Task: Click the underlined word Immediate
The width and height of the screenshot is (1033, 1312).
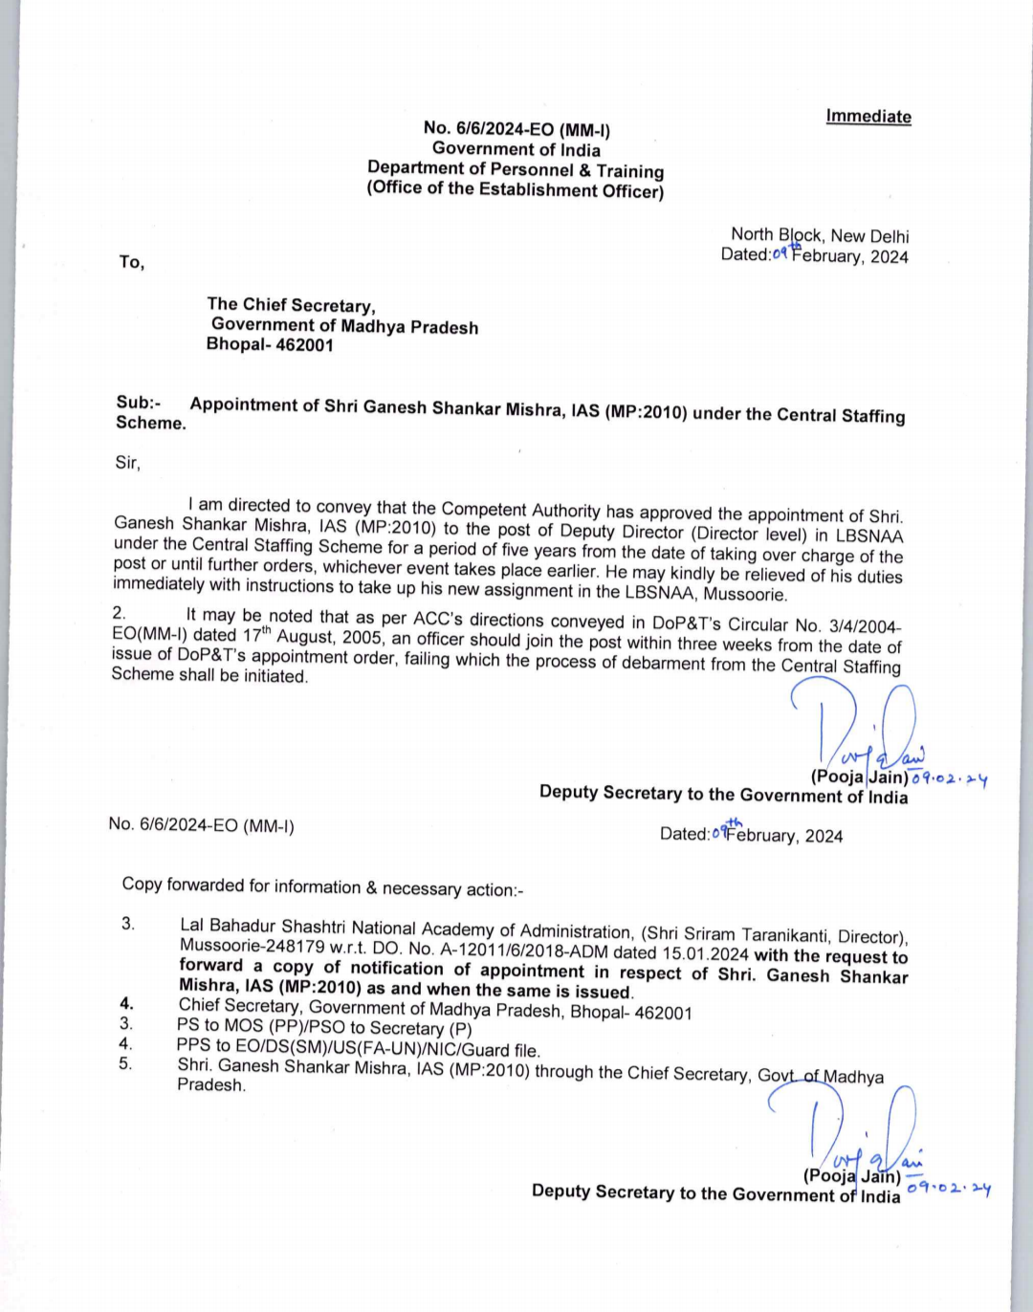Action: pyautogui.click(x=868, y=117)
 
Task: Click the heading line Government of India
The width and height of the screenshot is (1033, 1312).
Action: pyautogui.click(x=516, y=149)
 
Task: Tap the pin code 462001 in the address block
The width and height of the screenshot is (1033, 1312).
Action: pyautogui.click(x=304, y=345)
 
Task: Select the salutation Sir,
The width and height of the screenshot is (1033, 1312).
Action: pyautogui.click(x=127, y=463)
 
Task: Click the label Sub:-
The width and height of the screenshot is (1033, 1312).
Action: pyautogui.click(x=138, y=403)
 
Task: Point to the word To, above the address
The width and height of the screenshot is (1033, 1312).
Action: pyautogui.click(x=132, y=262)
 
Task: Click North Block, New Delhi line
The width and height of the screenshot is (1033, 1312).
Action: pyautogui.click(x=820, y=235)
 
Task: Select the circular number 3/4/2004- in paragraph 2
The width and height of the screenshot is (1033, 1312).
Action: pyautogui.click(x=862, y=626)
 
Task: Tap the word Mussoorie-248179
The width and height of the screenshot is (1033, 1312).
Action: pyautogui.click(x=240, y=946)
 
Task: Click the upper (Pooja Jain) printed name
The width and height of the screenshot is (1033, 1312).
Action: pyautogui.click(x=859, y=777)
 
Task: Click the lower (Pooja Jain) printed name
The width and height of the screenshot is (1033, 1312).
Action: pyautogui.click(x=851, y=1176)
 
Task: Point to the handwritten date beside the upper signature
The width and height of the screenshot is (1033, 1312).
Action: pyautogui.click(x=949, y=778)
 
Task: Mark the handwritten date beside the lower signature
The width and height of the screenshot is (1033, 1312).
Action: pyautogui.click(x=949, y=1188)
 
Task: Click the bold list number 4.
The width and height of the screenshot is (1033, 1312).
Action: pyautogui.click(x=126, y=1003)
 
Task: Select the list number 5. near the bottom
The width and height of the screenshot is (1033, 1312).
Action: pyautogui.click(x=125, y=1063)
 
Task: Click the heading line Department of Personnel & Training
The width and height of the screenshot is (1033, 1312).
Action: pyautogui.click(x=516, y=169)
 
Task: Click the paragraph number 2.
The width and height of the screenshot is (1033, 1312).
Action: pyautogui.click(x=119, y=612)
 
